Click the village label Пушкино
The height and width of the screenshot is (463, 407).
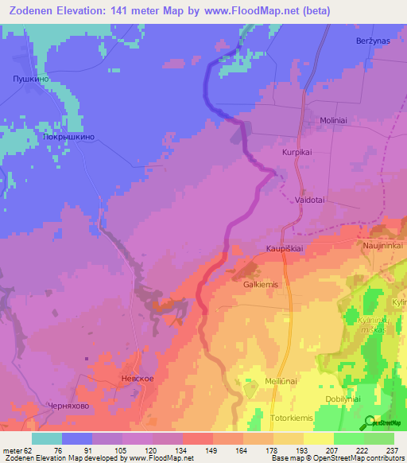click(32, 80)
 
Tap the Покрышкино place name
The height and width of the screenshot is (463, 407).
click(70, 137)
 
